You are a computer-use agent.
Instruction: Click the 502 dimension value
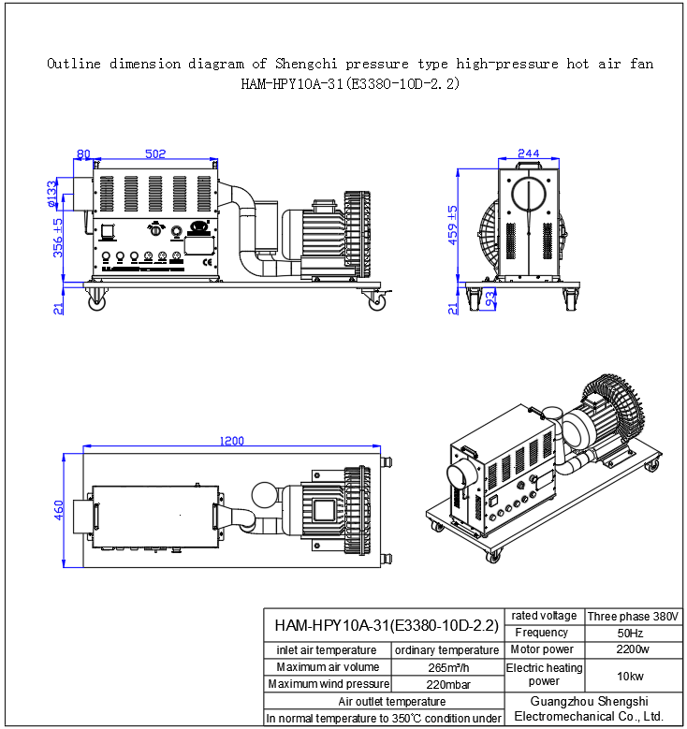(x=156, y=153)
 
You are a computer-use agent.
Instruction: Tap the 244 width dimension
(x=529, y=153)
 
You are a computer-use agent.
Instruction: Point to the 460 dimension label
(x=58, y=511)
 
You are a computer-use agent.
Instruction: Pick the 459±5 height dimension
(x=453, y=224)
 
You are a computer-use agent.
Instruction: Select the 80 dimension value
(x=83, y=153)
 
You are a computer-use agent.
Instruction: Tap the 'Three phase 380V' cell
(x=633, y=616)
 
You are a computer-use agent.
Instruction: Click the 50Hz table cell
(x=633, y=633)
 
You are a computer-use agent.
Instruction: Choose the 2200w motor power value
(x=633, y=649)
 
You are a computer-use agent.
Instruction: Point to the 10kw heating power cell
(x=633, y=676)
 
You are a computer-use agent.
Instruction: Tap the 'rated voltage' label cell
(x=543, y=616)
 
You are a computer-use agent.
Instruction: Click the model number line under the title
(x=350, y=83)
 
